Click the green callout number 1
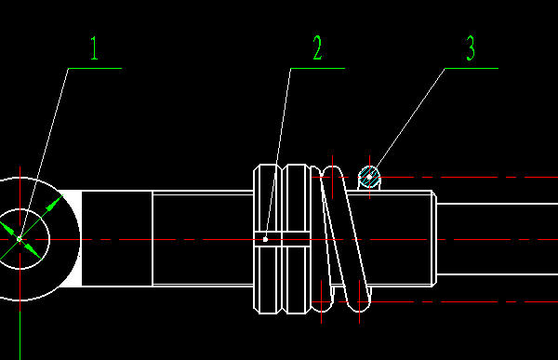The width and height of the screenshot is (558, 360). coord(94,47)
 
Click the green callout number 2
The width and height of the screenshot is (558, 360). coord(317,47)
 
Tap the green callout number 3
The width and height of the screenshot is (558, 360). coord(471,47)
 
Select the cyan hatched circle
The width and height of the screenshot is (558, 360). coord(369,177)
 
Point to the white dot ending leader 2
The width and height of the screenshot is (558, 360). coord(265,240)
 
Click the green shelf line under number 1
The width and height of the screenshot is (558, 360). coord(95,68)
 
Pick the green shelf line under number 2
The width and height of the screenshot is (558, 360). coord(317,68)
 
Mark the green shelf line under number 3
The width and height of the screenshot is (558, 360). coord(472,68)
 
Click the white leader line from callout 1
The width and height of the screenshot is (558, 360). coord(44,153)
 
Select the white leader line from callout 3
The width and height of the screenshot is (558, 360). coord(408,122)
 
